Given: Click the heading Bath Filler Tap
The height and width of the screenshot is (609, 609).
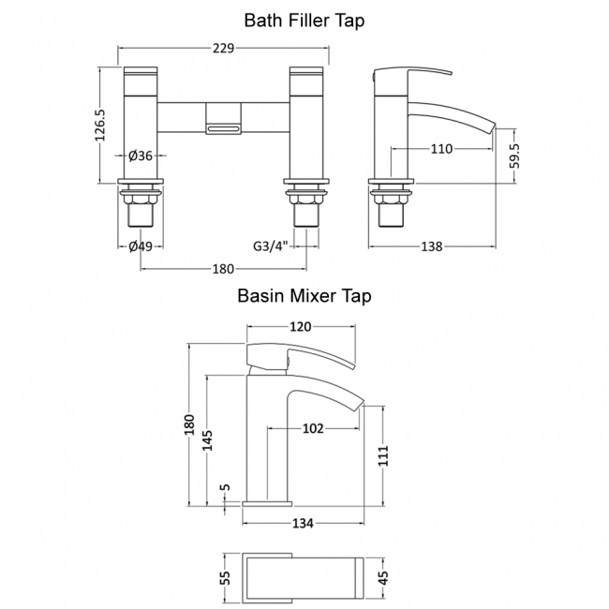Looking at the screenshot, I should click(304, 20).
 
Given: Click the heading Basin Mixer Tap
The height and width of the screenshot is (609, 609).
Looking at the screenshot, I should click(304, 296).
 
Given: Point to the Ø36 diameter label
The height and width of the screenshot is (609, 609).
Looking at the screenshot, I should click(141, 156).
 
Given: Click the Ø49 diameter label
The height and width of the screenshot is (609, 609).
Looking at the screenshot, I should click(141, 246).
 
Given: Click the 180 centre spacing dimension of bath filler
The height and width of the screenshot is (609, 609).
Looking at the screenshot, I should click(223, 269).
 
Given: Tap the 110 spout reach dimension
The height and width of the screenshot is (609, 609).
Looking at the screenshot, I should click(441, 148).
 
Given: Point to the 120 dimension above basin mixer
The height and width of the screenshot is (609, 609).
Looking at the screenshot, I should click(300, 327).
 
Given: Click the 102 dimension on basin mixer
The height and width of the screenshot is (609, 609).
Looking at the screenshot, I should click(313, 429).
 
